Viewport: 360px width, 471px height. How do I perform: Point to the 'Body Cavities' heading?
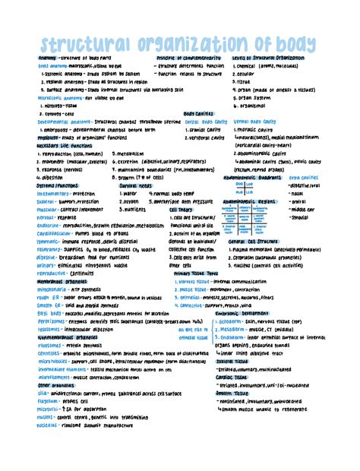point(198,113)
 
